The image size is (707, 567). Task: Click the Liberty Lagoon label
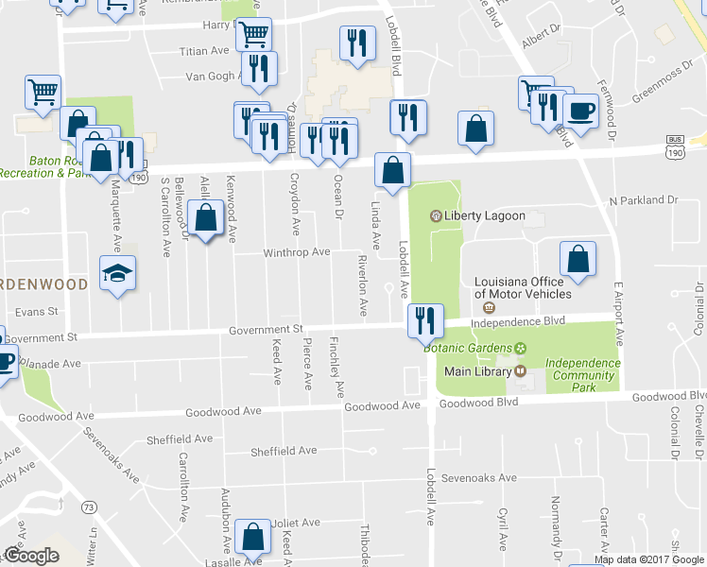(484, 215)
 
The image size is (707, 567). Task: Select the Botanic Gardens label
(465, 348)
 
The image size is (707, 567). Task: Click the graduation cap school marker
(117, 274)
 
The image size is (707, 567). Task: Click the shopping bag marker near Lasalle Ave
(253, 538)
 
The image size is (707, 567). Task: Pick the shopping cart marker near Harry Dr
(253, 35)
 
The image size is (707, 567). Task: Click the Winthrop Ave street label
(297, 252)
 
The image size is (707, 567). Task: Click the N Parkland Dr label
(644, 200)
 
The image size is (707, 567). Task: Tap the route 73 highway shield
(89, 508)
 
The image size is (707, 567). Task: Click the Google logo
(31, 556)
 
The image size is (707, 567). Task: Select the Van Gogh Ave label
(208, 77)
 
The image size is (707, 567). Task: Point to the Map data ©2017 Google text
(648, 559)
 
